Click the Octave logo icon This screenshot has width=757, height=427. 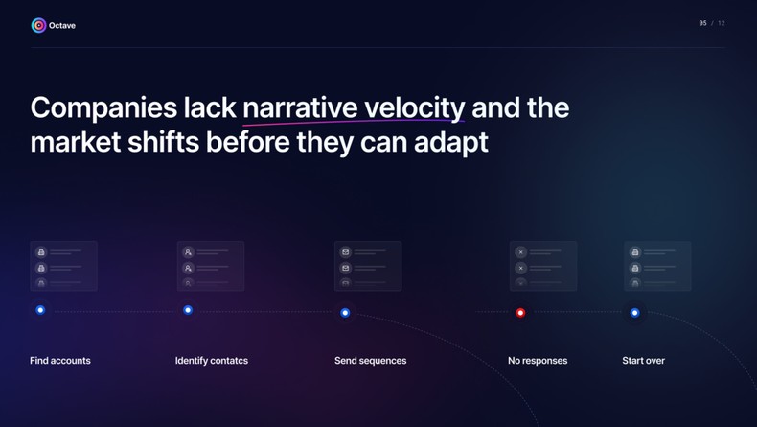click(38, 25)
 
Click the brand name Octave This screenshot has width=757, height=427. click(62, 26)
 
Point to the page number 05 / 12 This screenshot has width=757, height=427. click(711, 23)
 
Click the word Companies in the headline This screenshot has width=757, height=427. click(103, 107)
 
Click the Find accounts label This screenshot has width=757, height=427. click(60, 361)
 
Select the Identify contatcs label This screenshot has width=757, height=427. click(212, 361)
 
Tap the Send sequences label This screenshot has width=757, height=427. click(370, 361)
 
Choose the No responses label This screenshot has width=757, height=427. click(538, 361)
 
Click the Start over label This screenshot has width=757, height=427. click(643, 361)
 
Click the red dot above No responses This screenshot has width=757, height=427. click(520, 312)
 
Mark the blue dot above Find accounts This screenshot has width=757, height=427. click(40, 310)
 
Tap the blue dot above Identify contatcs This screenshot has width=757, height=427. click(188, 310)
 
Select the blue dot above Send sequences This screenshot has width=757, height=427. click(345, 312)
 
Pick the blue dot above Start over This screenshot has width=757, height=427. click(634, 312)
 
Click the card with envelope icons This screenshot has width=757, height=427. click(368, 266)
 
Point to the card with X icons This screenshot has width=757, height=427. click(543, 266)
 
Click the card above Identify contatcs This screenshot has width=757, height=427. click(211, 266)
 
